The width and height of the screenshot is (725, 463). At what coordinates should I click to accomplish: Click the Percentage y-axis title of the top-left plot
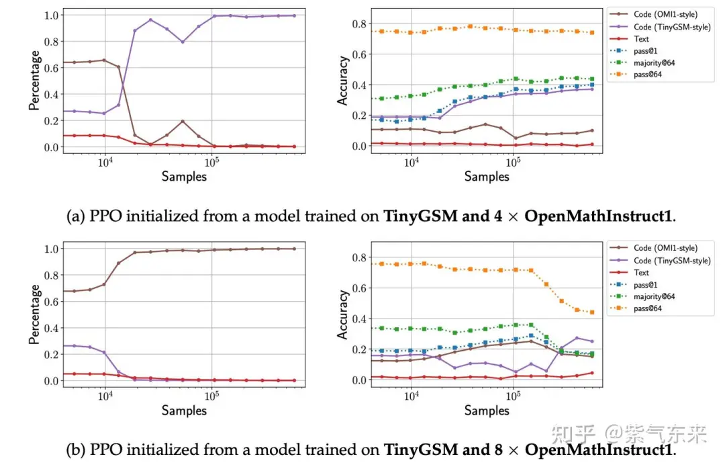tap(34, 81)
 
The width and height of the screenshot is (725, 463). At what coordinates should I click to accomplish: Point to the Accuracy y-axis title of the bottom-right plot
tap(342, 315)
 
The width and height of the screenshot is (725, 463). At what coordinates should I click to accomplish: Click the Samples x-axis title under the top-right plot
tap(487, 177)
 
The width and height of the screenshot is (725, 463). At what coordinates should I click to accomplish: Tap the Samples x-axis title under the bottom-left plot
tap(184, 410)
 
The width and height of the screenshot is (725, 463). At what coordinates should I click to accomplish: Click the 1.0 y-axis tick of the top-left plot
tap(51, 15)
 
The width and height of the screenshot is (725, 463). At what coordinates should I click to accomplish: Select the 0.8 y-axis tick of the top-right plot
tap(359, 24)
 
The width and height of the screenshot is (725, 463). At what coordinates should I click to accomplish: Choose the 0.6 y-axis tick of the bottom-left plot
tap(51, 302)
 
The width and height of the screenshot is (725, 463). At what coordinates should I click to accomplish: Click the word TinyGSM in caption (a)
tap(420, 216)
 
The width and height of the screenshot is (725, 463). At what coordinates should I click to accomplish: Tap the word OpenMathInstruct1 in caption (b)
tap(598, 450)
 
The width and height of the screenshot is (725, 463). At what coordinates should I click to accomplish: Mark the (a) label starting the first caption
tap(76, 216)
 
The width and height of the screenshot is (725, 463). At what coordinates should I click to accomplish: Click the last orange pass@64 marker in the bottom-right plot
tap(592, 312)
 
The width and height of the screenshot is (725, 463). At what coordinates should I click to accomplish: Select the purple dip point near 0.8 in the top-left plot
tap(183, 42)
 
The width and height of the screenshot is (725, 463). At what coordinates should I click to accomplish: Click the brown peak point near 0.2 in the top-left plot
tap(183, 122)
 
